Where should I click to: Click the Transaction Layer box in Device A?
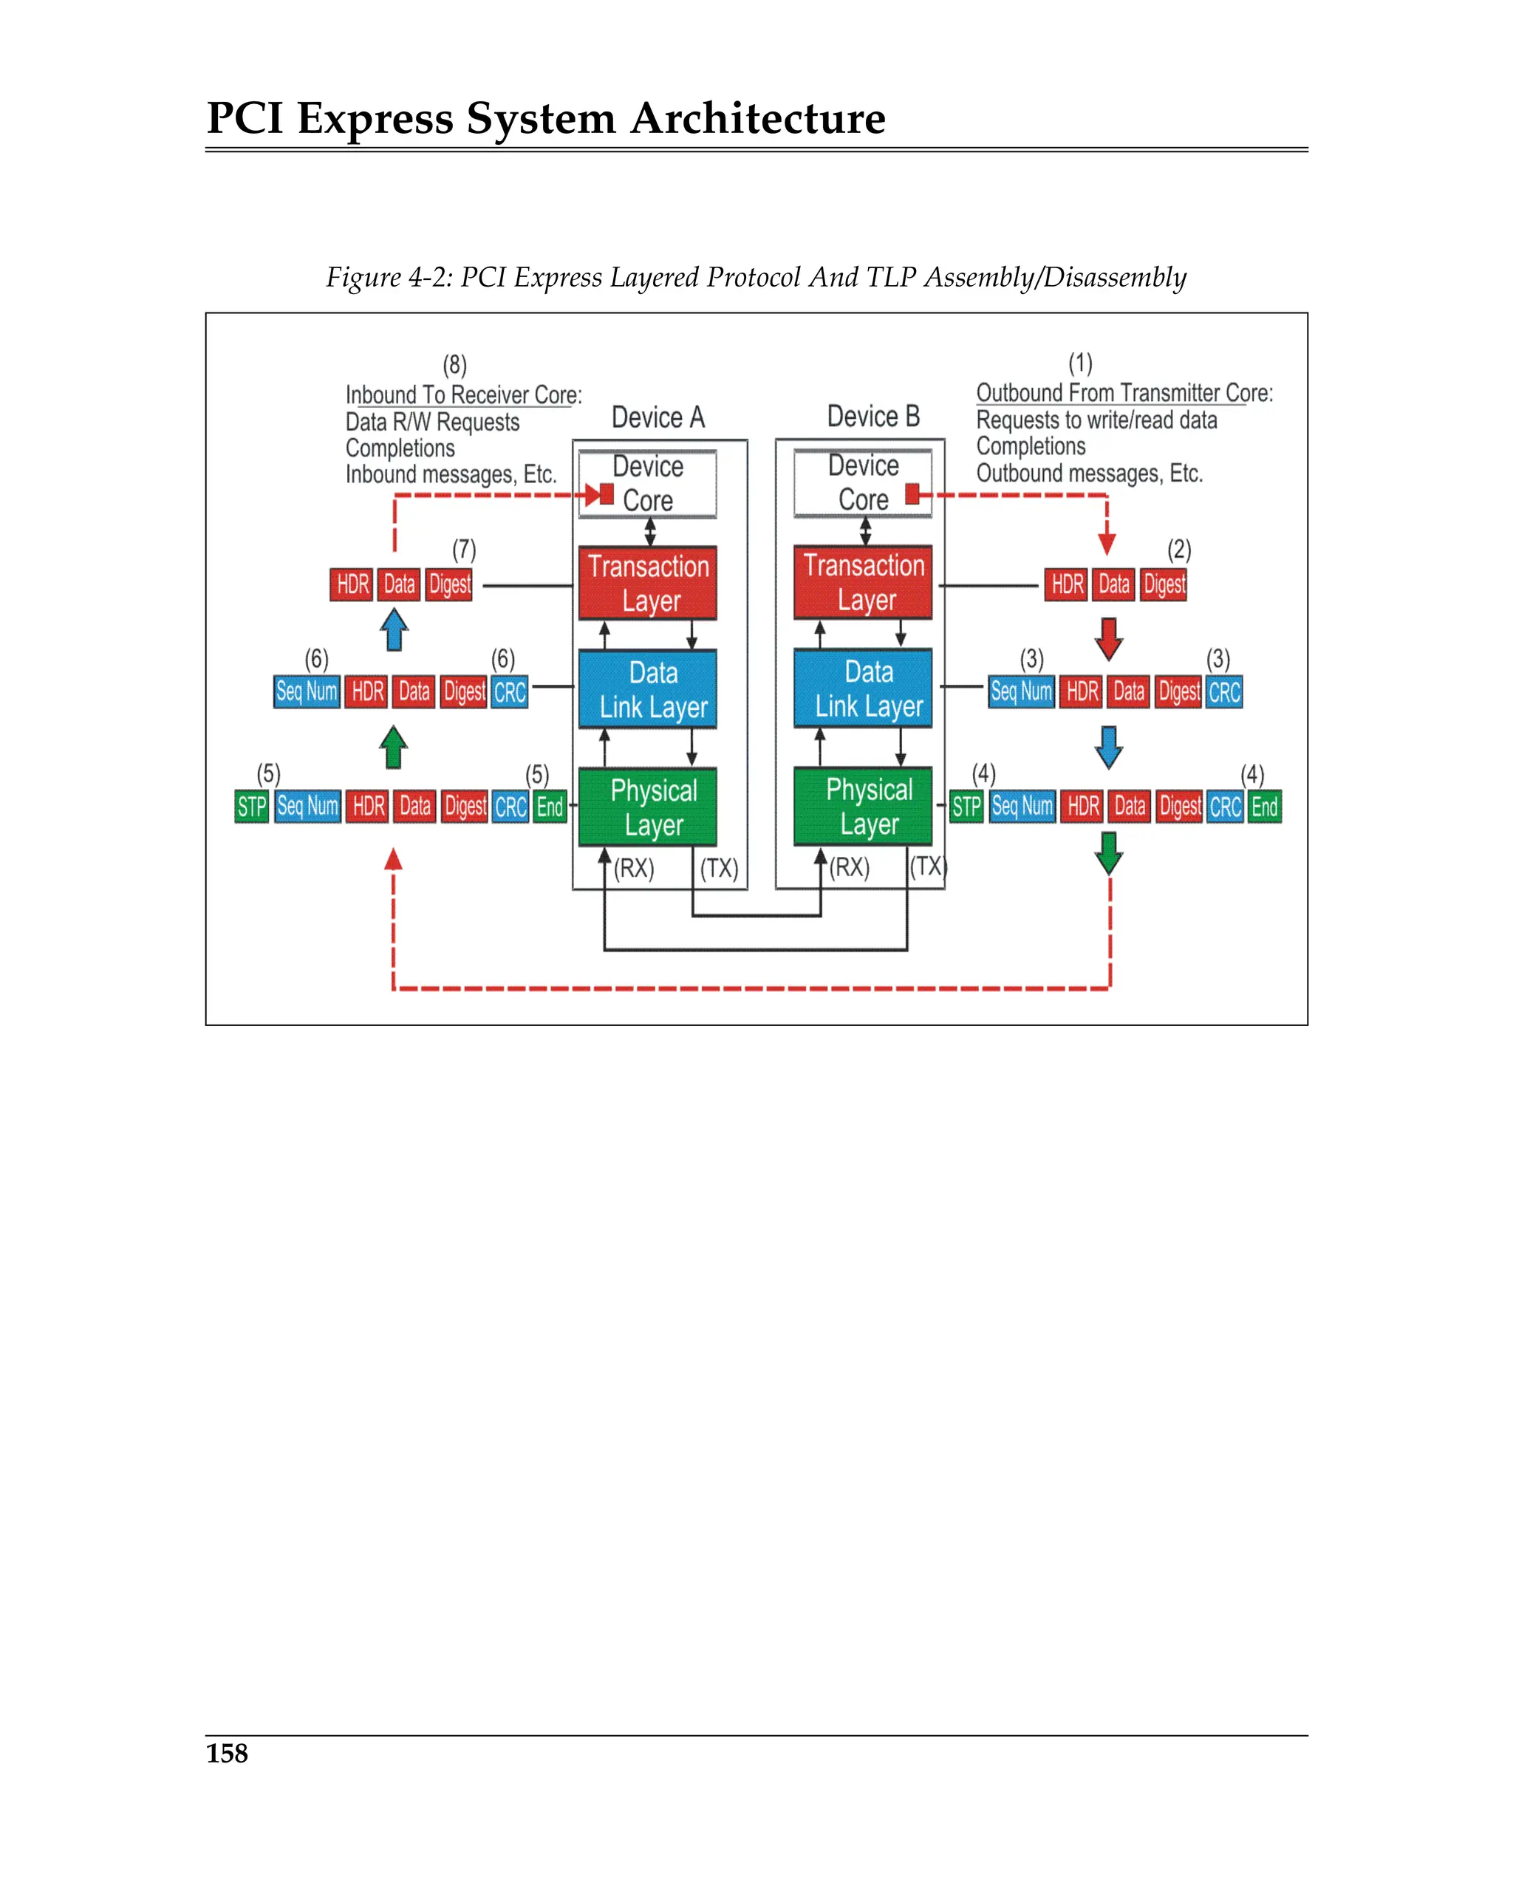point(648,584)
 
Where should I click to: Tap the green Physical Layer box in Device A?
point(648,807)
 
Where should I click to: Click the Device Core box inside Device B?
point(863,483)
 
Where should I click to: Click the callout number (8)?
point(454,365)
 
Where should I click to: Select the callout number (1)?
point(1080,363)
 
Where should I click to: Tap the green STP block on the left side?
point(252,807)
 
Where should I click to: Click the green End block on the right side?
point(1264,807)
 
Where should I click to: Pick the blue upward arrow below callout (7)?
point(395,630)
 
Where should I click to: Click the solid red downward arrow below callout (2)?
point(1109,639)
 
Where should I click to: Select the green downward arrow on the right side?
point(1109,852)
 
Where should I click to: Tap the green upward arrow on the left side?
point(394,747)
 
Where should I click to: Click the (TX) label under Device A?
point(719,869)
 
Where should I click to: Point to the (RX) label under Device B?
point(850,868)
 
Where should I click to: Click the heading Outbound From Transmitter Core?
point(1124,393)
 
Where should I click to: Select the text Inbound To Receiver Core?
point(462,395)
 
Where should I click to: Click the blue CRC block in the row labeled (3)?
point(1224,692)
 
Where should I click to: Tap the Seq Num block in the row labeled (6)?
point(307,691)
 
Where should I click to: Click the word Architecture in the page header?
point(757,119)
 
